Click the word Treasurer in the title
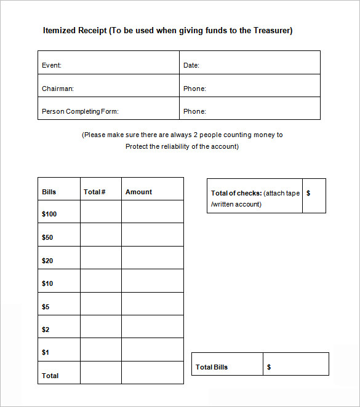[x=271, y=30]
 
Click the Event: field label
[x=52, y=65]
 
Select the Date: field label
[x=191, y=65]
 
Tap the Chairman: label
[x=58, y=89]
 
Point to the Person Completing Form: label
[x=80, y=111]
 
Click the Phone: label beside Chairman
[x=194, y=89]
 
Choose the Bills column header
[x=49, y=192]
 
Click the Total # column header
[x=95, y=192]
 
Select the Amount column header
[x=138, y=192]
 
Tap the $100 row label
[x=49, y=214]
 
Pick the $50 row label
[x=47, y=237]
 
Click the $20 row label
[x=47, y=261]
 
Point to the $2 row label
[x=46, y=330]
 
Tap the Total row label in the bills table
[x=50, y=376]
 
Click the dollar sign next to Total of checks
[x=308, y=193]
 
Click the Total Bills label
[x=212, y=367]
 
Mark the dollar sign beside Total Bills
[x=269, y=367]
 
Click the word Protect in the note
[x=137, y=146]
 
